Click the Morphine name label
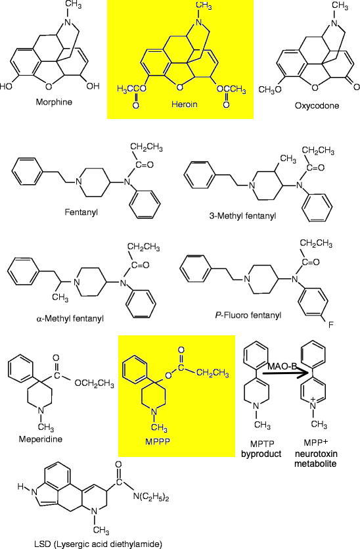pyautogui.click(x=54, y=102)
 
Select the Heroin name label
pyautogui.click(x=185, y=104)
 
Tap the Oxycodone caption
pyautogui.click(x=317, y=105)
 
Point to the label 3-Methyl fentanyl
pyautogui.click(x=242, y=216)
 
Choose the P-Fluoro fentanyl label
pyautogui.click(x=248, y=315)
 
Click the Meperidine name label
pyautogui.click(x=41, y=439)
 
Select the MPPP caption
pyautogui.click(x=158, y=441)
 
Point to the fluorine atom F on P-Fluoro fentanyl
pyautogui.click(x=330, y=325)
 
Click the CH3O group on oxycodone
pyautogui.click(x=270, y=89)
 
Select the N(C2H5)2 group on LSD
pyautogui.click(x=151, y=497)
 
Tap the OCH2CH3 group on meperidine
pyautogui.click(x=94, y=383)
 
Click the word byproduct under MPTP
pyautogui.click(x=261, y=454)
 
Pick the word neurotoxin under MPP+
pyautogui.click(x=315, y=454)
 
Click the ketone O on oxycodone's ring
pyautogui.click(x=356, y=87)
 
